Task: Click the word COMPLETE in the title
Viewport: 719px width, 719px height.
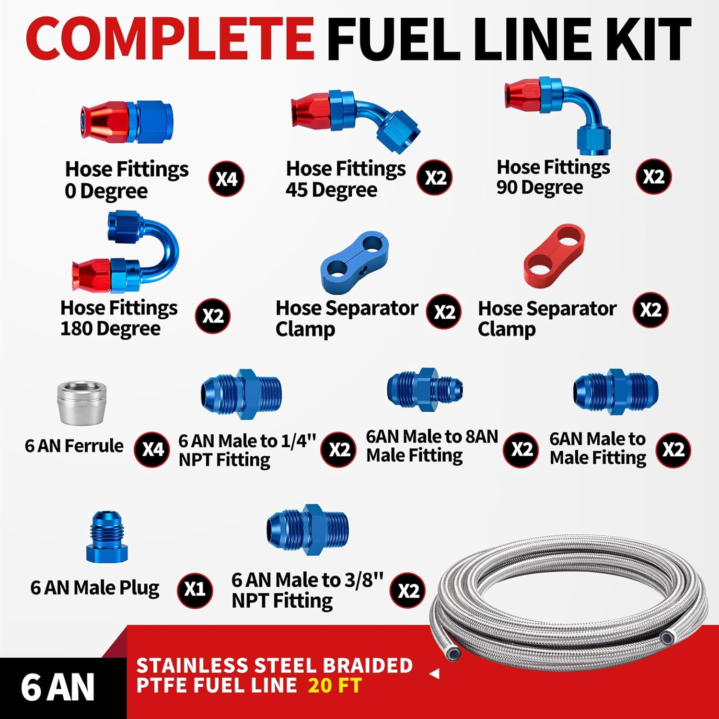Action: point(170,38)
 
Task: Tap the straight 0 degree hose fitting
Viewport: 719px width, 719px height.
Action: point(127,122)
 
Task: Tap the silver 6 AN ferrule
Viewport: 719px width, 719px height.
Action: point(81,403)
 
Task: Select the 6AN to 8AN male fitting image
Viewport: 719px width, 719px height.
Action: point(425,389)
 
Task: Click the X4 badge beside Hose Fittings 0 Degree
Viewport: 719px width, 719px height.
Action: point(227,179)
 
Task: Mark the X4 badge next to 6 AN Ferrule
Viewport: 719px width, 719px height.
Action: point(152,450)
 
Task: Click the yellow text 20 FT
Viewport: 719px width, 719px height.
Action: point(335,685)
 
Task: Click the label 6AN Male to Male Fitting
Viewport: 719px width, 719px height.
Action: point(597,448)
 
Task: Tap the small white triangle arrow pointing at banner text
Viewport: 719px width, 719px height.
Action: point(435,674)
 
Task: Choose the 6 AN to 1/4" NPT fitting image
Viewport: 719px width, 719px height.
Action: point(241,394)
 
